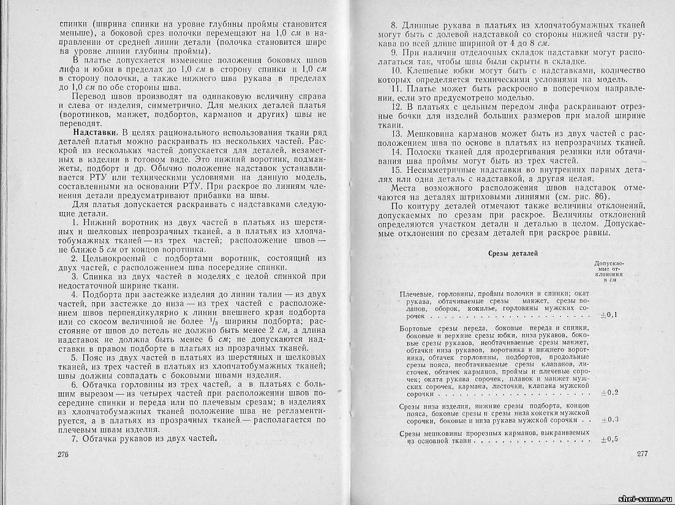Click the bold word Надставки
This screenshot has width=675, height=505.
(94, 132)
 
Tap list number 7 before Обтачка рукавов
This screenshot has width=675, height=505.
(75, 438)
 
